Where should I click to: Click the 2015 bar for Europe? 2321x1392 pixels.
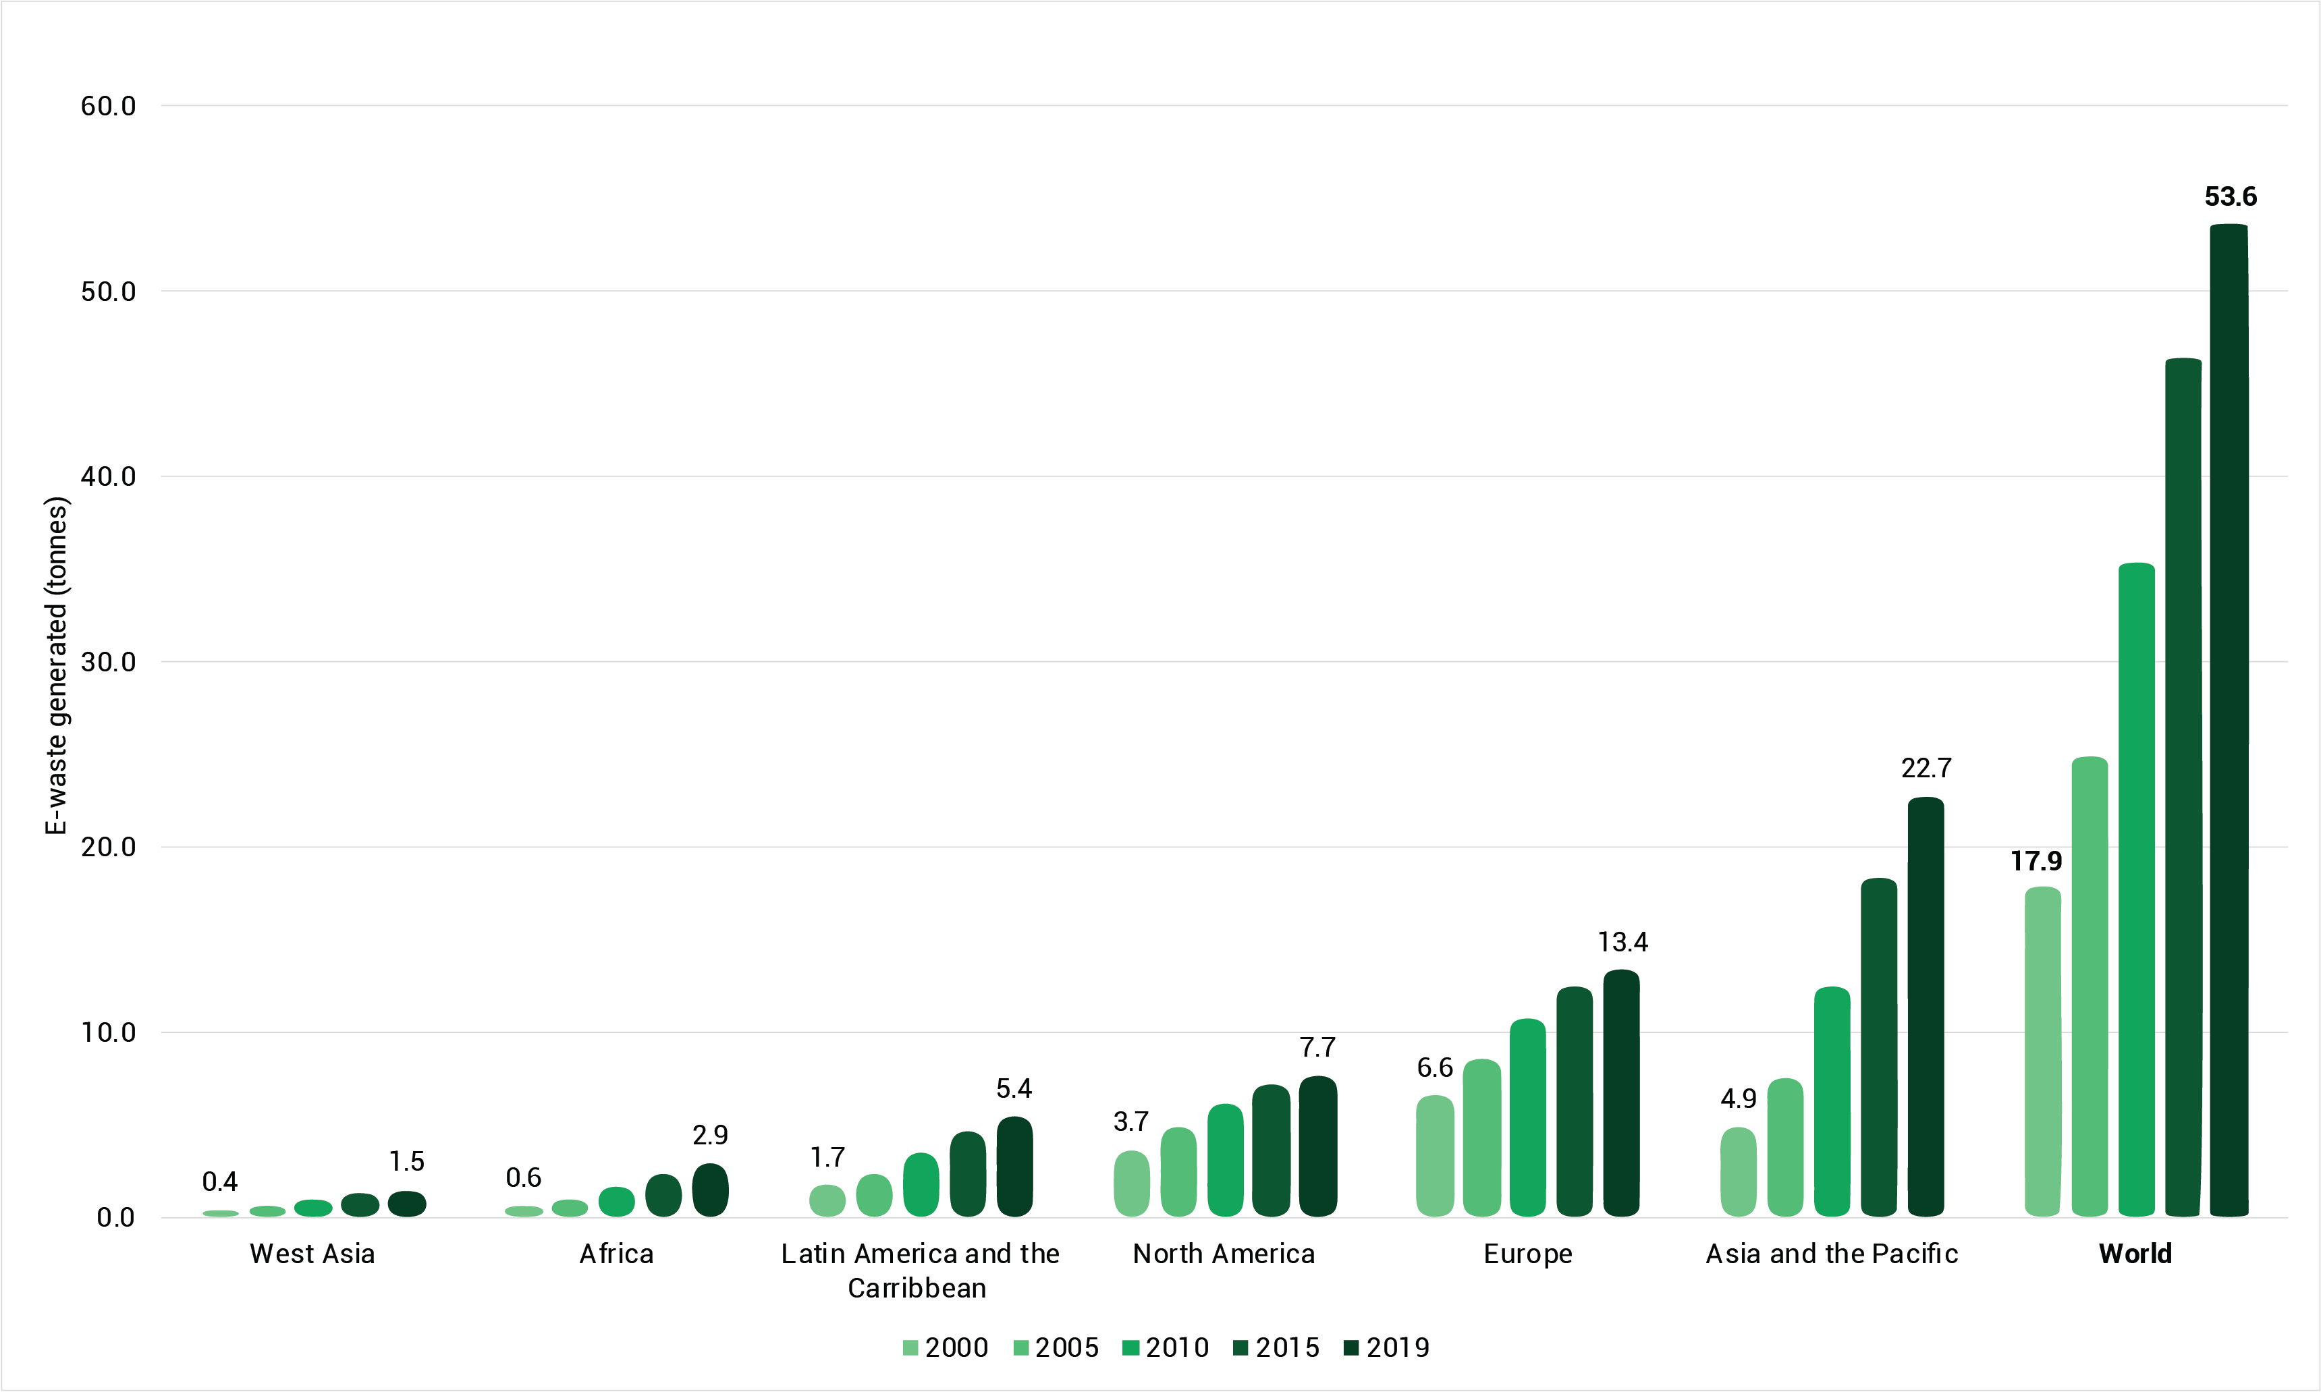point(1575,1101)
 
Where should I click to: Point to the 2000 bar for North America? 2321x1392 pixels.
point(1131,1183)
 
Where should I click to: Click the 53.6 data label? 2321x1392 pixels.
point(2230,197)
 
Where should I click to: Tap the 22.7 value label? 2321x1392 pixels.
point(1926,769)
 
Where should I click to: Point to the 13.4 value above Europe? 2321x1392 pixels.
point(1622,942)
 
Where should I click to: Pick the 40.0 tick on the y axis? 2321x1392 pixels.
point(108,476)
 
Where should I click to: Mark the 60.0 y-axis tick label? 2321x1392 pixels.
point(108,105)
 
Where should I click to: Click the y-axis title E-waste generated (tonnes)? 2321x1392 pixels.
point(56,665)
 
